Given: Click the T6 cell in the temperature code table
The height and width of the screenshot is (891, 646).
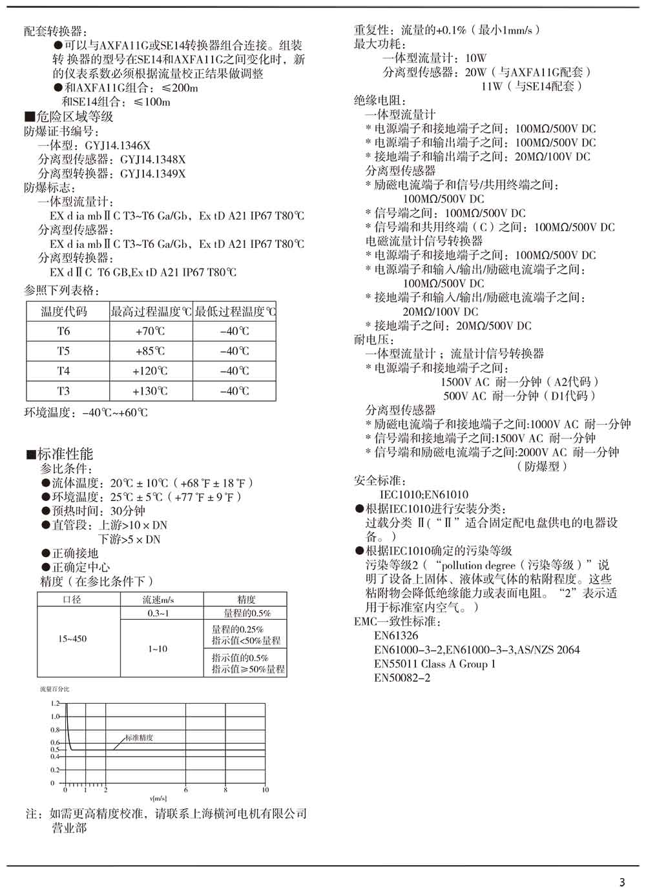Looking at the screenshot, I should click(63, 331).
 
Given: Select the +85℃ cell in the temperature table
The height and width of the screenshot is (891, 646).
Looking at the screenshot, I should click(150, 351).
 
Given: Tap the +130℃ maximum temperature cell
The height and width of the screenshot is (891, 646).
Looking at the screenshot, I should click(150, 391).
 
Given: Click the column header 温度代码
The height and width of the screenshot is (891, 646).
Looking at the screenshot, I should click(63, 312).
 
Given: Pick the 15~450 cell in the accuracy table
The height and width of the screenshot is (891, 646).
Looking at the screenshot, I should click(72, 639).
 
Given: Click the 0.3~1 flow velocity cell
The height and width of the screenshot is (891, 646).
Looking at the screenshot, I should click(158, 613).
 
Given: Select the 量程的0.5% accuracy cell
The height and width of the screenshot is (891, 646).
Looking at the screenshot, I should click(247, 613).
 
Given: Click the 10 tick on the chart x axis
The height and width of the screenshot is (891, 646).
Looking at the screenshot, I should click(265, 790).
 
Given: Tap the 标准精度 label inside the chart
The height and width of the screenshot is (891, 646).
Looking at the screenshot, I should click(139, 737).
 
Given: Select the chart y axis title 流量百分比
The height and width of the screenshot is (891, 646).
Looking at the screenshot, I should click(54, 689).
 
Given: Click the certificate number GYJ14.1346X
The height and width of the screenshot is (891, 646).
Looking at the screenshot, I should click(118, 146).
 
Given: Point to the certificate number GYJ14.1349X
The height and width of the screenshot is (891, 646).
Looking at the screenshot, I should click(153, 174).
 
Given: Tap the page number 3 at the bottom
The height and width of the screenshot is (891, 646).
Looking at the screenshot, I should click(622, 883).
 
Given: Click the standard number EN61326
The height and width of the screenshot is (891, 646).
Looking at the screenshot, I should click(396, 636).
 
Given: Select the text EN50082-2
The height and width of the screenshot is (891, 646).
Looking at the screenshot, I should click(402, 678).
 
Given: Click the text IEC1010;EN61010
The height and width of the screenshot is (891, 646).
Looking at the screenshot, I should click(424, 495).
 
